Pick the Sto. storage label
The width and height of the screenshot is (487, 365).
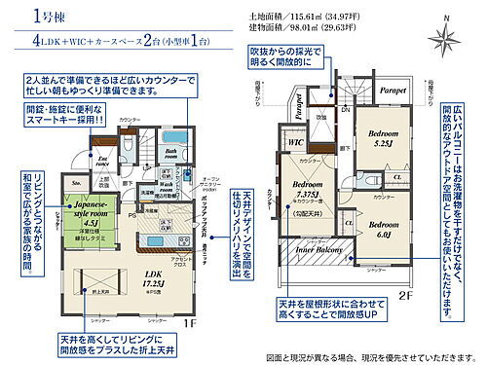click(76, 182)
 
